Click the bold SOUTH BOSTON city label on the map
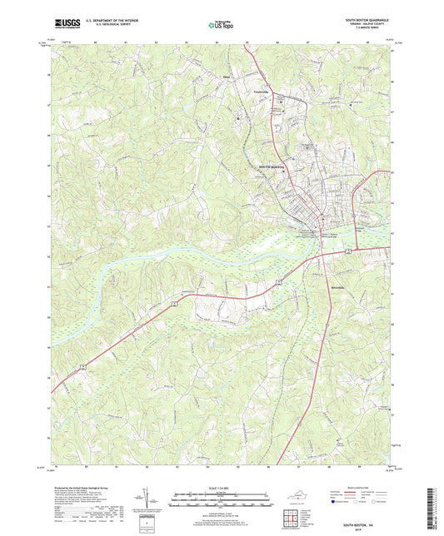pyautogui.click(x=272, y=166)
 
